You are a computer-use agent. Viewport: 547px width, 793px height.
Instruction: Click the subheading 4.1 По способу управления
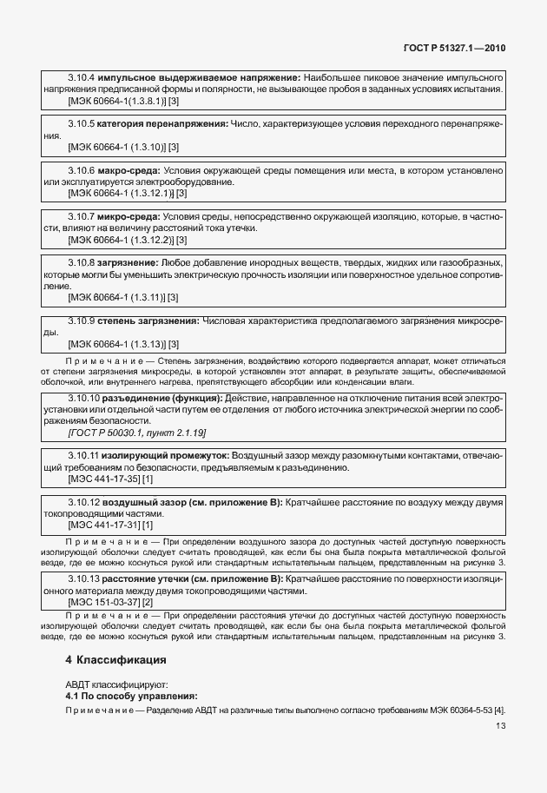(131, 696)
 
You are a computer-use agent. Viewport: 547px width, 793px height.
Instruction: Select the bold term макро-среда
(129, 171)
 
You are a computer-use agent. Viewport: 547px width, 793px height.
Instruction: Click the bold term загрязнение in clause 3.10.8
(127, 262)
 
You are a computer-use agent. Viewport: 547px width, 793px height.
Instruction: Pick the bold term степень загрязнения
(148, 321)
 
